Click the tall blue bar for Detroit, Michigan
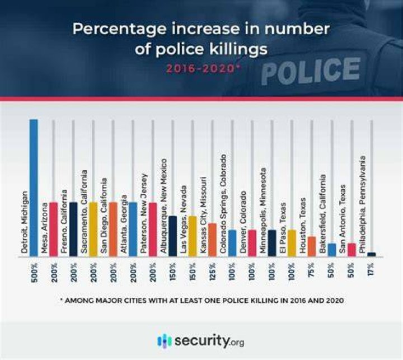[34, 188]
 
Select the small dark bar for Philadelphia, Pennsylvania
[372, 254]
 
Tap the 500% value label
[35, 272]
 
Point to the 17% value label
[371, 269]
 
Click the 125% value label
[213, 272]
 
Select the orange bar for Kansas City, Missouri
[212, 240]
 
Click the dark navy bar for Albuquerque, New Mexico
[173, 236]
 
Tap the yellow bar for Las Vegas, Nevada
[193, 236]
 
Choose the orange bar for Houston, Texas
[312, 246]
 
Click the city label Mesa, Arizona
[44, 228]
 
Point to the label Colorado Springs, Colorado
[223, 204]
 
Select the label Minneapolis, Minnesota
[263, 211]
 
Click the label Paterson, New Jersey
[144, 213]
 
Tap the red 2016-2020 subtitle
[204, 68]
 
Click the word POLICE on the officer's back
[311, 71]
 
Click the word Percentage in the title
[119, 29]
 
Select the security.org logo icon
[164, 341]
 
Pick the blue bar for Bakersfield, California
[332, 250]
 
